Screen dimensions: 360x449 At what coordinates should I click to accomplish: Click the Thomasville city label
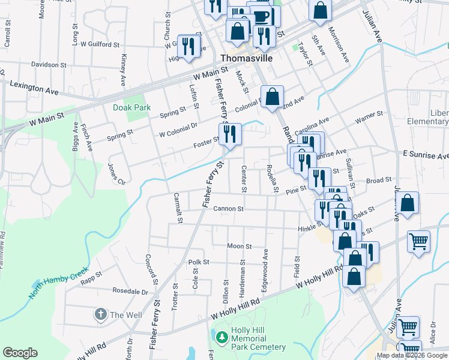(x=247, y=59)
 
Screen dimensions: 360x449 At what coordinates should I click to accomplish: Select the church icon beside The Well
(x=100, y=314)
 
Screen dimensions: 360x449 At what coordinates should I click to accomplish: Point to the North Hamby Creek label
(x=58, y=286)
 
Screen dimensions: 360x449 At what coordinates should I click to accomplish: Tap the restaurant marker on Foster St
(x=229, y=134)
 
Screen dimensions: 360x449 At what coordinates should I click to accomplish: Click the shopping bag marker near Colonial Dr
(x=273, y=97)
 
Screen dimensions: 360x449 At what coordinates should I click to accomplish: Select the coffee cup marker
(x=261, y=16)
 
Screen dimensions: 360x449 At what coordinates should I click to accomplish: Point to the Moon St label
(x=239, y=246)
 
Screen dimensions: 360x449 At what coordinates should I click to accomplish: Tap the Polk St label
(x=198, y=262)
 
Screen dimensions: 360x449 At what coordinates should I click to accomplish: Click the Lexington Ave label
(x=34, y=88)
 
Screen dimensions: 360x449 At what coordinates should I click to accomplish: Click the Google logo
(x=20, y=353)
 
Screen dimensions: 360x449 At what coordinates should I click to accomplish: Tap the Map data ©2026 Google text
(x=412, y=356)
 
